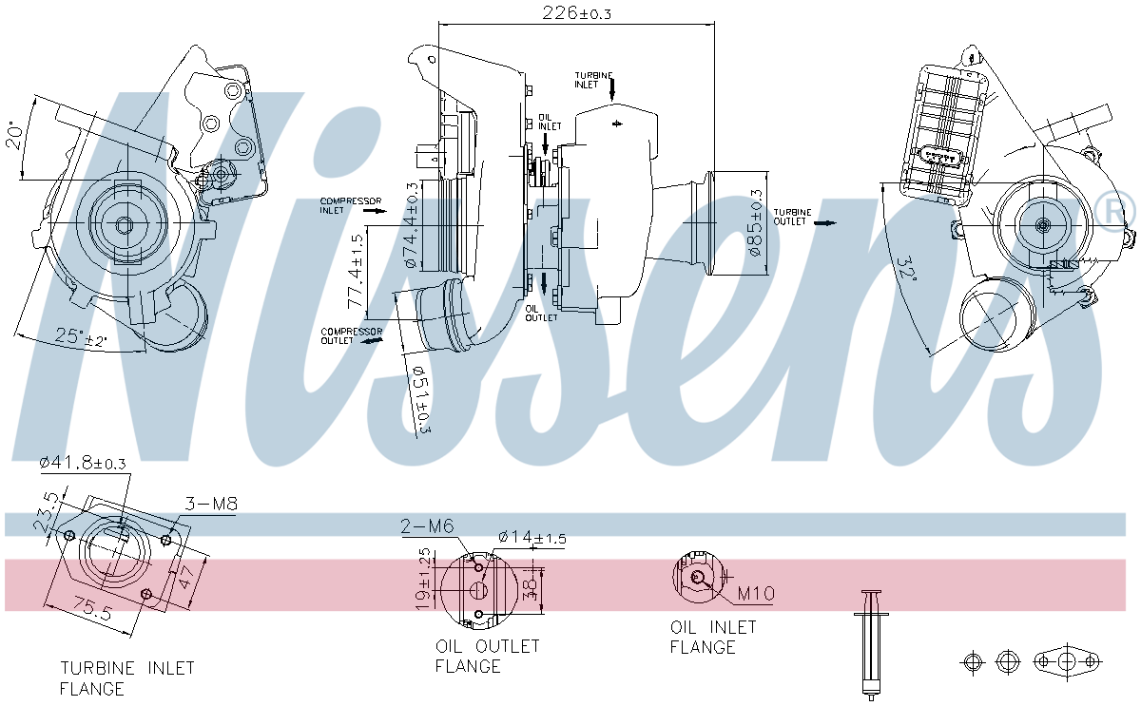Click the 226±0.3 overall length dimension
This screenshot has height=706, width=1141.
click(x=576, y=12)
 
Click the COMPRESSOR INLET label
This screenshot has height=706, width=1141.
click(x=351, y=205)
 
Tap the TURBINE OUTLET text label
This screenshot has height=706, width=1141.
click(x=792, y=217)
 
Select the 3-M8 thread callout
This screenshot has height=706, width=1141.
click(x=210, y=505)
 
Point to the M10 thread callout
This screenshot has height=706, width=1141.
click(x=757, y=594)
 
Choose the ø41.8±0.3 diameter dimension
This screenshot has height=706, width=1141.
click(x=83, y=463)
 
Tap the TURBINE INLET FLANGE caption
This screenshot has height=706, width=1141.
click(x=126, y=678)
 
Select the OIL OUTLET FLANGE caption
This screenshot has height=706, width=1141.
click(x=487, y=656)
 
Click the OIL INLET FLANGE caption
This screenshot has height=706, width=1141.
click(x=713, y=637)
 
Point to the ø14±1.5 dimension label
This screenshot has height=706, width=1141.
click(x=532, y=538)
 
